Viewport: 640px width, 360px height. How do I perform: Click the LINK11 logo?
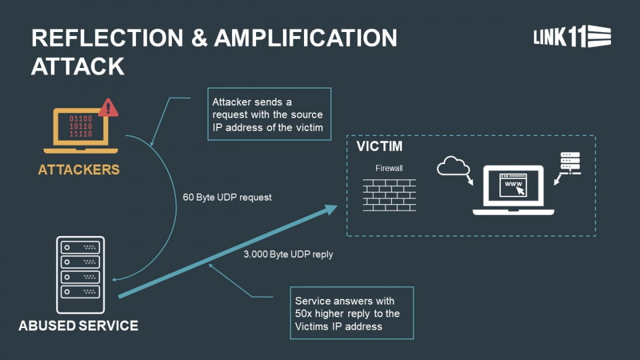[571, 37]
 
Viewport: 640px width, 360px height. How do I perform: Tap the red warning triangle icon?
[108, 107]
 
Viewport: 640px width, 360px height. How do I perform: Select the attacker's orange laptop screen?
[81, 126]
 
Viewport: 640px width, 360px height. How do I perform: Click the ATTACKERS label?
[79, 170]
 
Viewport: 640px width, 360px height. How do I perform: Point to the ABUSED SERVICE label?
[78, 326]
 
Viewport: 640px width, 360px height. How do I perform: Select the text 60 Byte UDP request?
[227, 198]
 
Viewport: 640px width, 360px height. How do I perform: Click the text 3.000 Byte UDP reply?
[288, 254]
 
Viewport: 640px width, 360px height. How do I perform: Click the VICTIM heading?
[379, 146]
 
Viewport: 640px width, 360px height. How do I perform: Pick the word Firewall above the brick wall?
[389, 169]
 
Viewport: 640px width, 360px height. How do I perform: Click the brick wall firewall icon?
[389, 195]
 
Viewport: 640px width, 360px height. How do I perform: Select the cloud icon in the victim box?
[453, 166]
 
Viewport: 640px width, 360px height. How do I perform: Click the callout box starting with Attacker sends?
[269, 114]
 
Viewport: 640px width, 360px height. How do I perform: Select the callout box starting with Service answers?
[351, 313]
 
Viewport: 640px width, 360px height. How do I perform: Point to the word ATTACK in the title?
[78, 66]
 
